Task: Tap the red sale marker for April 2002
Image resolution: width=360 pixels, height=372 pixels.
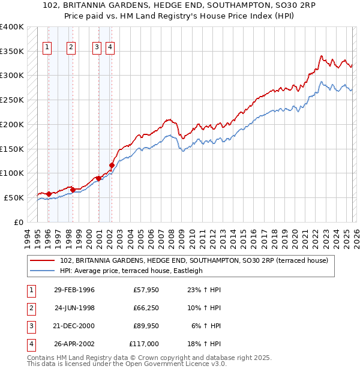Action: (x=112, y=165)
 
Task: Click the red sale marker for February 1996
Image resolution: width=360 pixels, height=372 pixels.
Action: (x=49, y=194)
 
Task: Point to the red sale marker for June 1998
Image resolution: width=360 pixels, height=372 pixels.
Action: (x=73, y=190)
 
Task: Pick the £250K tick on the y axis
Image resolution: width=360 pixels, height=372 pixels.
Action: (x=11, y=100)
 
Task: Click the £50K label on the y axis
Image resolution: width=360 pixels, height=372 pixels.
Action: (x=14, y=197)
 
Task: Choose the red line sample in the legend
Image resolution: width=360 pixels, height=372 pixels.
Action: (x=43, y=261)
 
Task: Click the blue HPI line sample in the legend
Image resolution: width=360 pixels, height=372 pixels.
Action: (x=43, y=271)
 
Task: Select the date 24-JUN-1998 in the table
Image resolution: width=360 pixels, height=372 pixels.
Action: (x=74, y=308)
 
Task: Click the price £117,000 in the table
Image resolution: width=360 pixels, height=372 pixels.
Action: (x=145, y=344)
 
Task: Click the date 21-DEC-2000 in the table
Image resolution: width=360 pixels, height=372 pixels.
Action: (x=74, y=326)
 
